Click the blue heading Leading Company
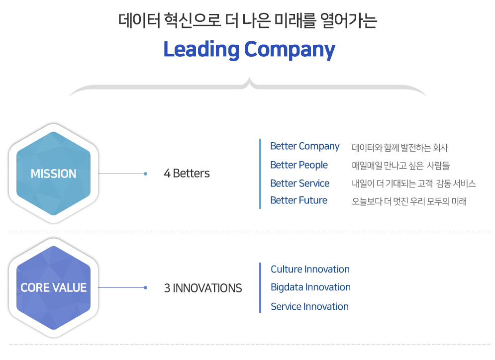[x=249, y=50]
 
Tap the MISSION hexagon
[x=53, y=174]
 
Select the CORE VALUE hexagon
[x=53, y=288]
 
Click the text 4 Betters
[x=187, y=173]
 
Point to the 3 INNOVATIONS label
[x=202, y=288]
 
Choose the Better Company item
[x=304, y=146]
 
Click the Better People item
[x=299, y=165]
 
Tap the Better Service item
[x=299, y=183]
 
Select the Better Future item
[x=298, y=200]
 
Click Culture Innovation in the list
[x=310, y=269]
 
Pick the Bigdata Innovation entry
[x=310, y=287]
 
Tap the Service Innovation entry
[x=310, y=306]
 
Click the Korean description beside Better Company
[x=399, y=148]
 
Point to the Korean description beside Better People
[x=400, y=166]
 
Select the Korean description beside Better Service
[x=413, y=183]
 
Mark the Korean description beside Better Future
[x=409, y=201]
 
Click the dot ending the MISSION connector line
[x=145, y=174]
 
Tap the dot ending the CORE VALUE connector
[x=145, y=288]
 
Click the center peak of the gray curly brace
[x=249, y=78]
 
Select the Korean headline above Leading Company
[x=248, y=20]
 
